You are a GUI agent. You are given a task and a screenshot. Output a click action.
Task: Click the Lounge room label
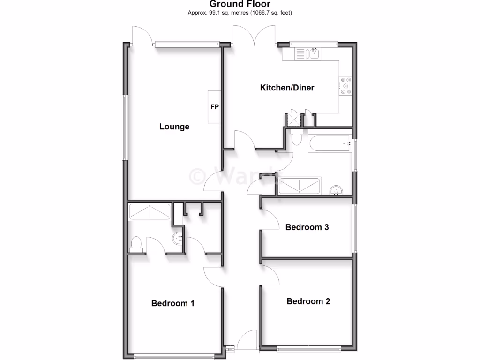point(174,127)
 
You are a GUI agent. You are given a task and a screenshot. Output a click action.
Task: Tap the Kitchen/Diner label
point(287,88)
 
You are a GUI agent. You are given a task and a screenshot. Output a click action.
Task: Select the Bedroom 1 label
point(172,303)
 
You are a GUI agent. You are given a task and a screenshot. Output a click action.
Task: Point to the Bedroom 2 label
point(308,301)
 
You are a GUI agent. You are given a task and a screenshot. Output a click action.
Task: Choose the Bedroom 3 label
point(307,227)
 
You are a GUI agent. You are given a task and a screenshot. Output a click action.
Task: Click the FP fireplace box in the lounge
point(214,107)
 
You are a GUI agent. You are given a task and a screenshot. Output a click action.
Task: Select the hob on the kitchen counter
point(345,86)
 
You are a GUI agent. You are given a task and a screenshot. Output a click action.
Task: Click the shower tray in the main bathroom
point(299,186)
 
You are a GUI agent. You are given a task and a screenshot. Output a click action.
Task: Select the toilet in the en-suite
point(136,244)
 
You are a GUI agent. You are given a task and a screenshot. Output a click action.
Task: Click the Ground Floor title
point(239,5)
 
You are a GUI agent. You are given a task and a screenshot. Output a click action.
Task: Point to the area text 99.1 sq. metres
point(239,13)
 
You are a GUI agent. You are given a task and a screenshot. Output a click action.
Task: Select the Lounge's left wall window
point(125,127)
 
